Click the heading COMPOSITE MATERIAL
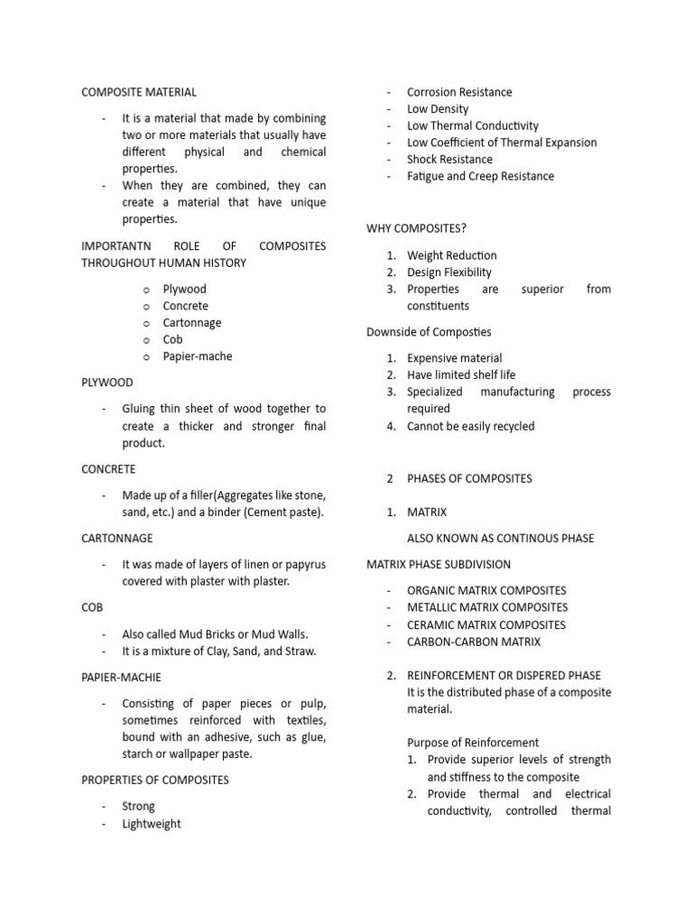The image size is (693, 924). coord(139,92)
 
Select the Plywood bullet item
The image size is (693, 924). coord(184,289)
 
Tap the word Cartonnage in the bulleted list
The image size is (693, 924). coord(191,322)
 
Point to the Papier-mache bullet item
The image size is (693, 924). coord(197,356)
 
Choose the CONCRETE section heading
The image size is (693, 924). coord(108,469)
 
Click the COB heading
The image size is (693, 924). coord(94,608)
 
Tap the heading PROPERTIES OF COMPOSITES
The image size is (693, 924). coord(155,779)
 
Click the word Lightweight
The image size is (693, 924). coord(152,823)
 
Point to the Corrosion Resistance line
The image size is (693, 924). coord(458,92)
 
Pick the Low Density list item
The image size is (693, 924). coord(439,109)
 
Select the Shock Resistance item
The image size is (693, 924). coord(449,159)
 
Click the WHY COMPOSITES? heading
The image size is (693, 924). coord(416,228)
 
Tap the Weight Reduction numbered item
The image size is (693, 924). coord(451,255)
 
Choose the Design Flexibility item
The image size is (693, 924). coord(449,272)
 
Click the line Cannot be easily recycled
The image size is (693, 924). coord(470,426)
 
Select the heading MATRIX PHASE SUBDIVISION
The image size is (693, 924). coord(439,564)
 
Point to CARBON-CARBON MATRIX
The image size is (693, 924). coord(474,642)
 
